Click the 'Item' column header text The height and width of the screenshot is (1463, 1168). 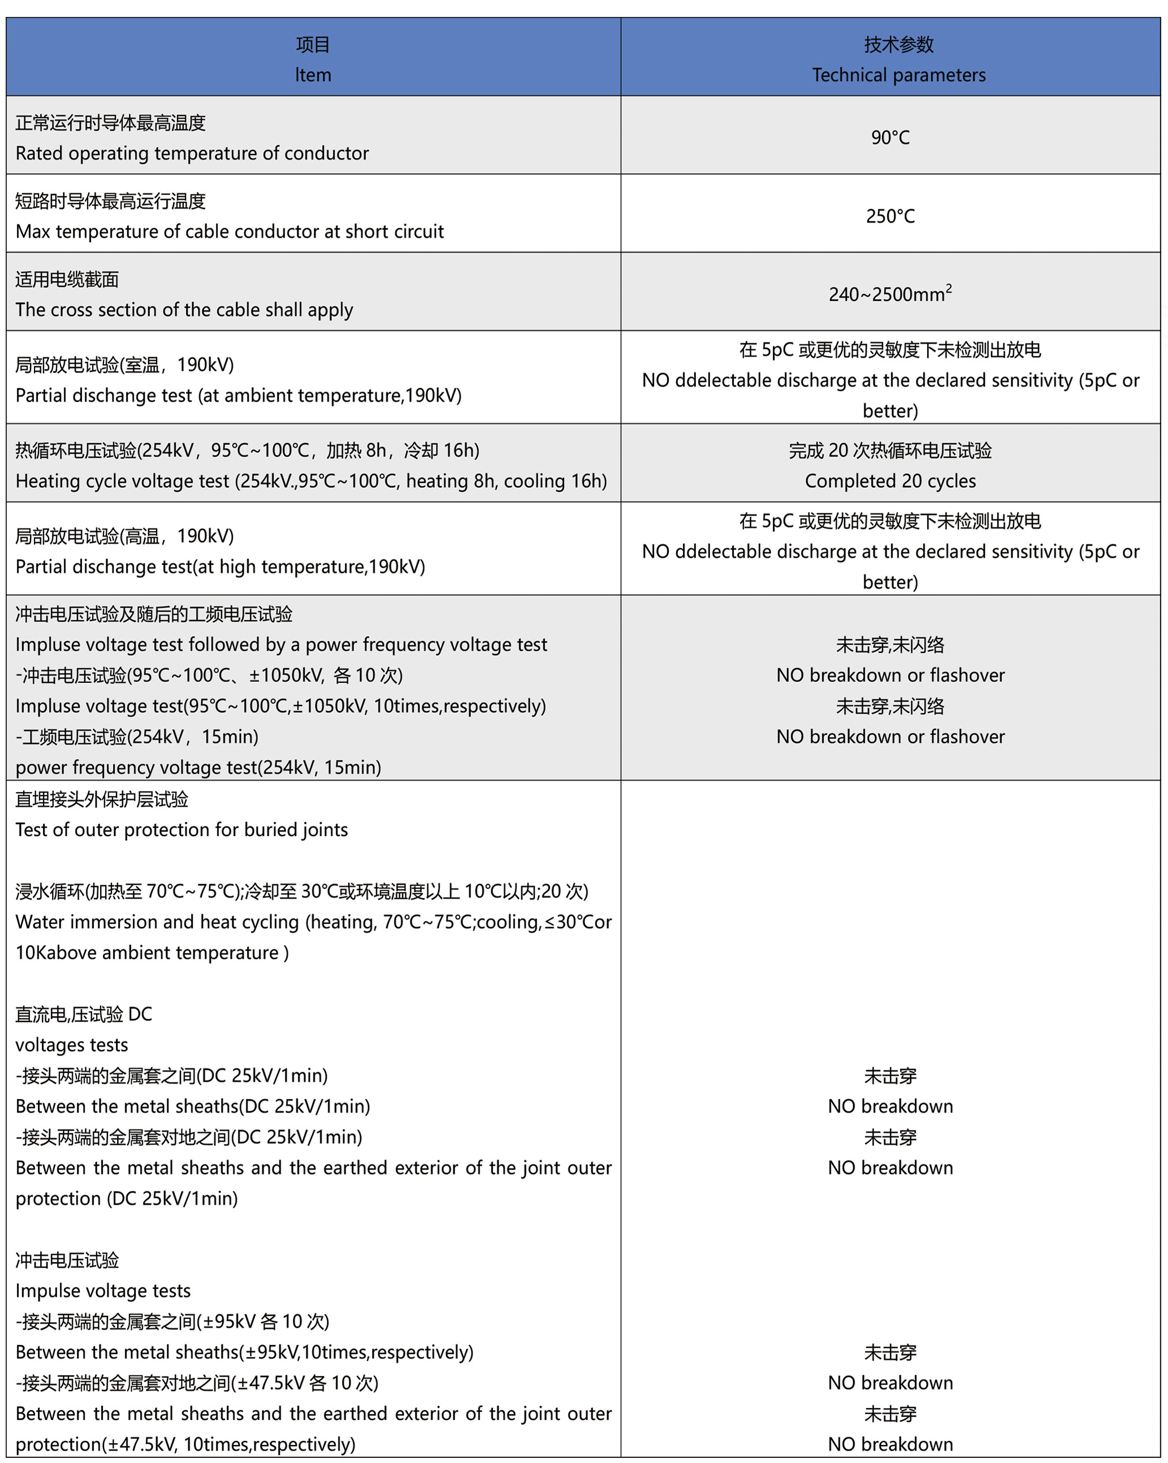tap(313, 75)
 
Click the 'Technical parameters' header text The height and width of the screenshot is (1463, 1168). tap(898, 75)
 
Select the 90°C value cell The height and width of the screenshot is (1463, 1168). tap(890, 137)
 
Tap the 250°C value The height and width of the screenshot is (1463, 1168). tap(890, 216)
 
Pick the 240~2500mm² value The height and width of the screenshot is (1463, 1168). tap(890, 294)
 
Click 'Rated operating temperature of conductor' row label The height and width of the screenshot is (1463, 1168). tap(192, 153)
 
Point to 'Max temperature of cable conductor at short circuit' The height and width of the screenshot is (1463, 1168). tap(230, 231)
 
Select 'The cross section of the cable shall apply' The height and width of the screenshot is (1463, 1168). tap(184, 309)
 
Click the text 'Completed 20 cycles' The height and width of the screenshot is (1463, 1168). tap(890, 481)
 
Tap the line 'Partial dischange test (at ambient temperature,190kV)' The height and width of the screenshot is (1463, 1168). tap(238, 396)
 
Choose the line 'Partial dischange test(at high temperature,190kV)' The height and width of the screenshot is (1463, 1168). tap(220, 566)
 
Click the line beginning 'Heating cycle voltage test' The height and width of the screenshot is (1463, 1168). tap(311, 481)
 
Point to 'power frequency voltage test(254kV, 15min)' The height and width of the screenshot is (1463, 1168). tap(198, 768)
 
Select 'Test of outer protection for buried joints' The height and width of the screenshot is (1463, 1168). tap(181, 830)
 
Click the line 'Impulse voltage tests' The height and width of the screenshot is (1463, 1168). tap(103, 1291)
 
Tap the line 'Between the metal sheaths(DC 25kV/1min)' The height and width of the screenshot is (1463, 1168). tap(193, 1106)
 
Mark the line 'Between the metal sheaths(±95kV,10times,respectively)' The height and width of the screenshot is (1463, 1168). tap(244, 1352)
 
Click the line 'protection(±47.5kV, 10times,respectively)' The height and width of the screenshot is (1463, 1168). tap(185, 1444)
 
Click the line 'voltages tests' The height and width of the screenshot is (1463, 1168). tap(71, 1045)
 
